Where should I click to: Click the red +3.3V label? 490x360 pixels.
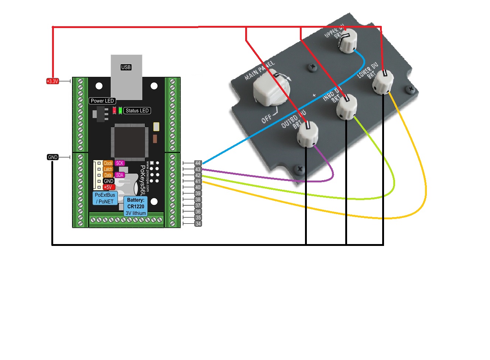click(x=52, y=81)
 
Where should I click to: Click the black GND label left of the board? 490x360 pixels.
click(x=53, y=157)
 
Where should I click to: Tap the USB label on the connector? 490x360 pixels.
click(x=126, y=67)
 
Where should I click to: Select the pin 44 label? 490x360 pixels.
click(x=198, y=163)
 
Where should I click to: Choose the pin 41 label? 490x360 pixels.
click(x=198, y=181)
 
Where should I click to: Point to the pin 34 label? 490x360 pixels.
click(x=198, y=224)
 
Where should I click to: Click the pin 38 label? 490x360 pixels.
click(x=198, y=199)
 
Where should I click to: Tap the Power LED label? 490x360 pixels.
click(x=102, y=101)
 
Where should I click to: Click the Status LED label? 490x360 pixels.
click(x=137, y=110)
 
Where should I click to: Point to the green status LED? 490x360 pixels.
click(x=120, y=110)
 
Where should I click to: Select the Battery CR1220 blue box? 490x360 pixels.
click(x=136, y=206)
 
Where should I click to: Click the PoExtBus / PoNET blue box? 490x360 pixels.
click(x=105, y=198)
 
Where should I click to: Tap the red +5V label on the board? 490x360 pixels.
click(x=108, y=187)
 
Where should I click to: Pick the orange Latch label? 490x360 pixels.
click(x=108, y=169)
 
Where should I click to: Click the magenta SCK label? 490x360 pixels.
click(x=120, y=163)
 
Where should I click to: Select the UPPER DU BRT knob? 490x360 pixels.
click(x=347, y=41)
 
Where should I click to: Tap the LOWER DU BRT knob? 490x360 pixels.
click(x=383, y=82)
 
